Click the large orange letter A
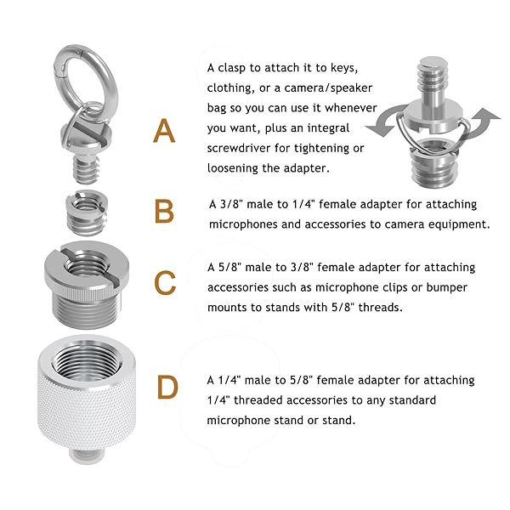click(x=164, y=131)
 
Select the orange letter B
click(x=164, y=212)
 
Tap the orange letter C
click(x=165, y=283)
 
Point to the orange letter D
click(x=167, y=387)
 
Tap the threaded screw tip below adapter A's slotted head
click(x=86, y=169)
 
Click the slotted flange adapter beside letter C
click(x=87, y=285)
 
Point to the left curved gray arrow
click(x=384, y=121)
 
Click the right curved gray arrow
click(x=481, y=122)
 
